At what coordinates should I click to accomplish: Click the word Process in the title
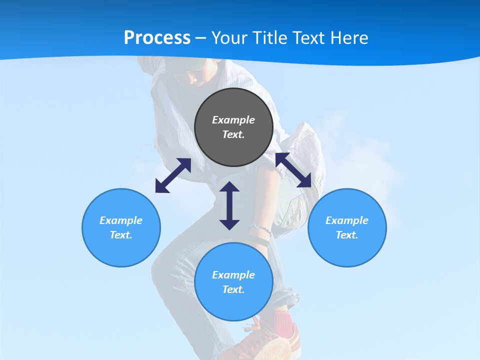(157, 38)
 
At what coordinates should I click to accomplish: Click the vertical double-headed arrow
(229, 205)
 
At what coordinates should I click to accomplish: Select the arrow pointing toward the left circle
(173, 175)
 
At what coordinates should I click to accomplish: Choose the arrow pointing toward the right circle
(293, 170)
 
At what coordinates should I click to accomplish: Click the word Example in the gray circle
(233, 120)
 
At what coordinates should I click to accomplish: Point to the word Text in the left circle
(121, 235)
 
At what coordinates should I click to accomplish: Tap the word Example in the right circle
(347, 220)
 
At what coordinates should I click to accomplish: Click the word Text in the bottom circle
(233, 289)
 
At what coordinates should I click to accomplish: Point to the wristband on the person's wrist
(261, 230)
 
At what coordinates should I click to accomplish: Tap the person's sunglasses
(193, 75)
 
